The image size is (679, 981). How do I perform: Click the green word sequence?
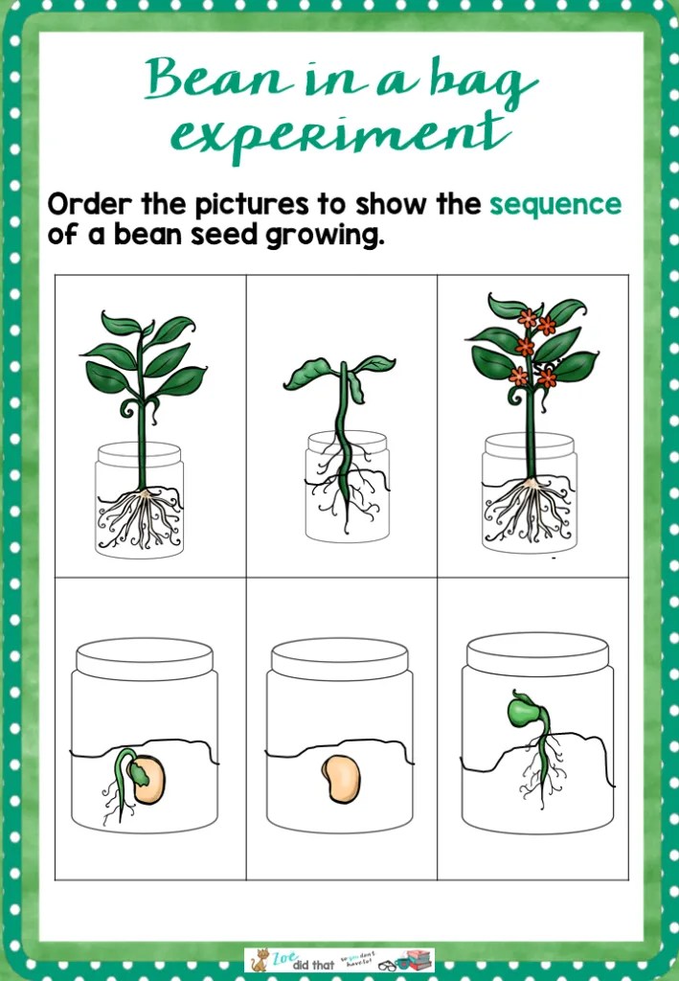point(555,204)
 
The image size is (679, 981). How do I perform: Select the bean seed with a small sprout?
point(146,777)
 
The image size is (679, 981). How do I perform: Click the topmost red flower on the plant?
point(527,317)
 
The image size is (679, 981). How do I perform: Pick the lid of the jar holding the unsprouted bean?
point(340,658)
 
